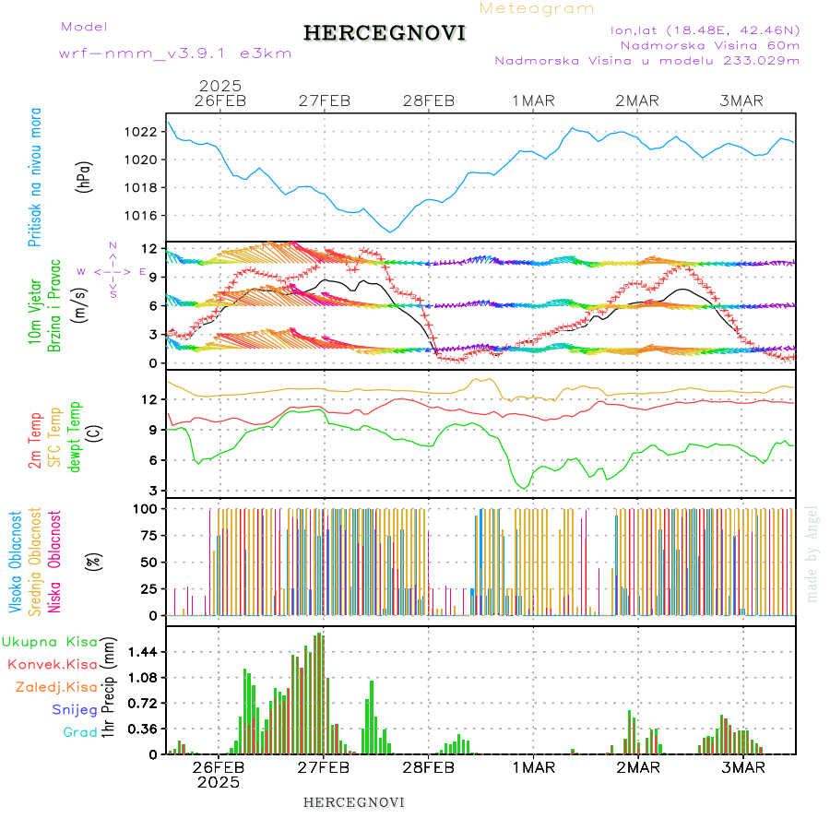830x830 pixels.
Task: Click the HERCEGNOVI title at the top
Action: pos(384,33)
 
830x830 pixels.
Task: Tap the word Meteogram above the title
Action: pos(537,8)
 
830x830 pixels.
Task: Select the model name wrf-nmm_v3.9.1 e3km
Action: pos(174,53)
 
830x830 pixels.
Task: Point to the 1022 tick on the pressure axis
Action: pos(142,131)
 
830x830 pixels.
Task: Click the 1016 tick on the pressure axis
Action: pos(142,215)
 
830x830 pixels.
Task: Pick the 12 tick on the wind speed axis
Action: pos(148,248)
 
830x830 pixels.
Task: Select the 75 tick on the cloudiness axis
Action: pos(147,535)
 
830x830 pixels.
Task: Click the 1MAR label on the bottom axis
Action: pos(533,766)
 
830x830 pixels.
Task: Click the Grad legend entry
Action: pos(80,732)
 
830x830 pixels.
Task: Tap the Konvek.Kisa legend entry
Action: pos(52,663)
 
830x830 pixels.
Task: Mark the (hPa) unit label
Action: pos(85,176)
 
